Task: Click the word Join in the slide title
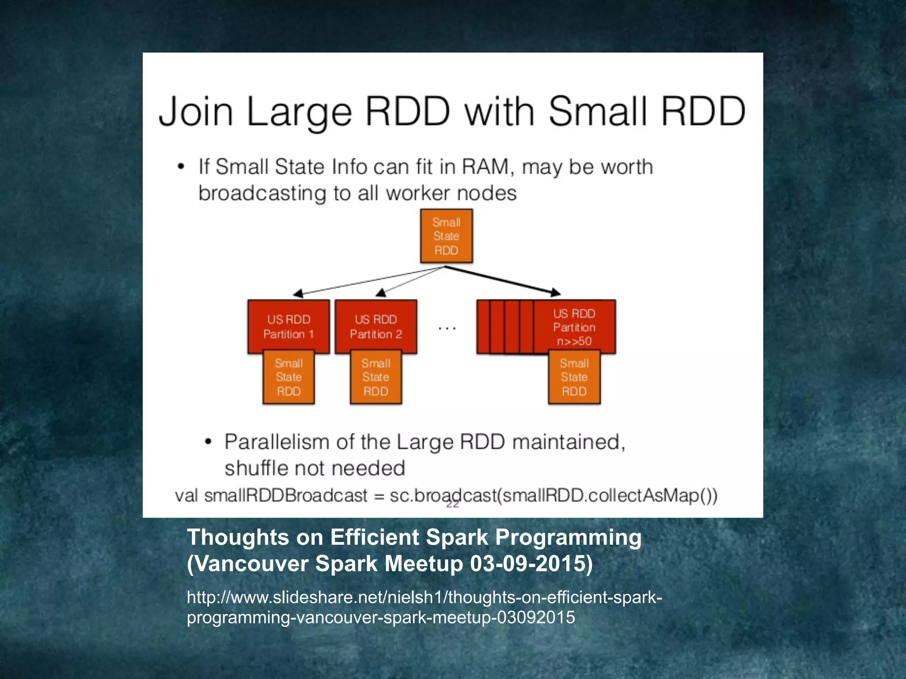click(196, 111)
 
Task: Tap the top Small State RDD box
click(446, 236)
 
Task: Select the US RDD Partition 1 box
click(288, 326)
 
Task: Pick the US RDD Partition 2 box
click(376, 326)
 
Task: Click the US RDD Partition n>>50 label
click(574, 327)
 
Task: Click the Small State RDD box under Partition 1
click(288, 377)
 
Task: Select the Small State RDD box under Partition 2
click(376, 377)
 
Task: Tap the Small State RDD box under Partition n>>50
click(574, 377)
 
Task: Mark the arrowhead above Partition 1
click(299, 294)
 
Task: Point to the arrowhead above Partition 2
click(381, 292)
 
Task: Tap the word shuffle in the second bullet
click(256, 468)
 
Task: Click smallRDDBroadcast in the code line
click(285, 496)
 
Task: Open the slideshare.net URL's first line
click(424, 597)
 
